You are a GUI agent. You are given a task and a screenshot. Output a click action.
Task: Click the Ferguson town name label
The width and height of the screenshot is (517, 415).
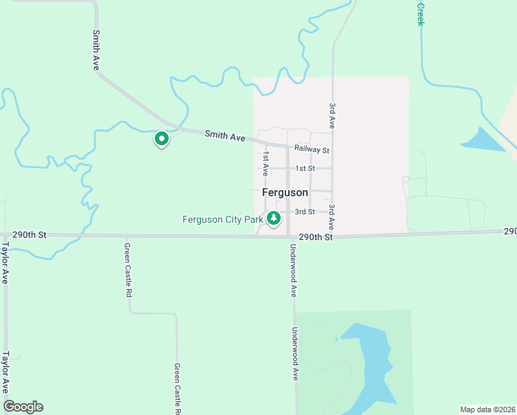click(285, 192)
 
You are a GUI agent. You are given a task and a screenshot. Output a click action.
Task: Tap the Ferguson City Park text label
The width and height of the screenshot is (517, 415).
click(223, 220)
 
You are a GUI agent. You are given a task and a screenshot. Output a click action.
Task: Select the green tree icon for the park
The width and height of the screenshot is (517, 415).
click(274, 219)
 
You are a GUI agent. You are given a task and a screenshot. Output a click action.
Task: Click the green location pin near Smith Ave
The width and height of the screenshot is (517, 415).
click(162, 139)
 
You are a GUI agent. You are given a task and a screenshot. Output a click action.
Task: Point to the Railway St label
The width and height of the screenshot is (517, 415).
click(312, 150)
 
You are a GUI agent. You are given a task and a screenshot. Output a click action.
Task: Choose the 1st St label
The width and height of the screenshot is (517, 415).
click(305, 169)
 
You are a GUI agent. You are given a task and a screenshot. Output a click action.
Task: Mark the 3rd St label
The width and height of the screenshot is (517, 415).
click(305, 212)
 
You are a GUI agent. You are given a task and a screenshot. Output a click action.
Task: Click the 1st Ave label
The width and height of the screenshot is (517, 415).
click(265, 164)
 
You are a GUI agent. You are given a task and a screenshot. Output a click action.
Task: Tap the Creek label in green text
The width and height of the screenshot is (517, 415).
click(420, 13)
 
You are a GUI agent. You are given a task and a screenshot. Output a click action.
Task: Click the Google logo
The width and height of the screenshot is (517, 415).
click(23, 407)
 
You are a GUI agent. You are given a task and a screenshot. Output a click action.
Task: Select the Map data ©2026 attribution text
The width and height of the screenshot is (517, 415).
click(487, 409)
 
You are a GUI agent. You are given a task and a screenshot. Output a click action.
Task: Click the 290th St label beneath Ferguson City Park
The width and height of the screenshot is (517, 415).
click(316, 237)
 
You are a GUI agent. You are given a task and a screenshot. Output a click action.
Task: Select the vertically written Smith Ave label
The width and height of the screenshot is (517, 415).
click(96, 50)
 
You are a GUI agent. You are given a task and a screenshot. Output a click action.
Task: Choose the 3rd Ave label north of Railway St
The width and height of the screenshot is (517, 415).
click(332, 116)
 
